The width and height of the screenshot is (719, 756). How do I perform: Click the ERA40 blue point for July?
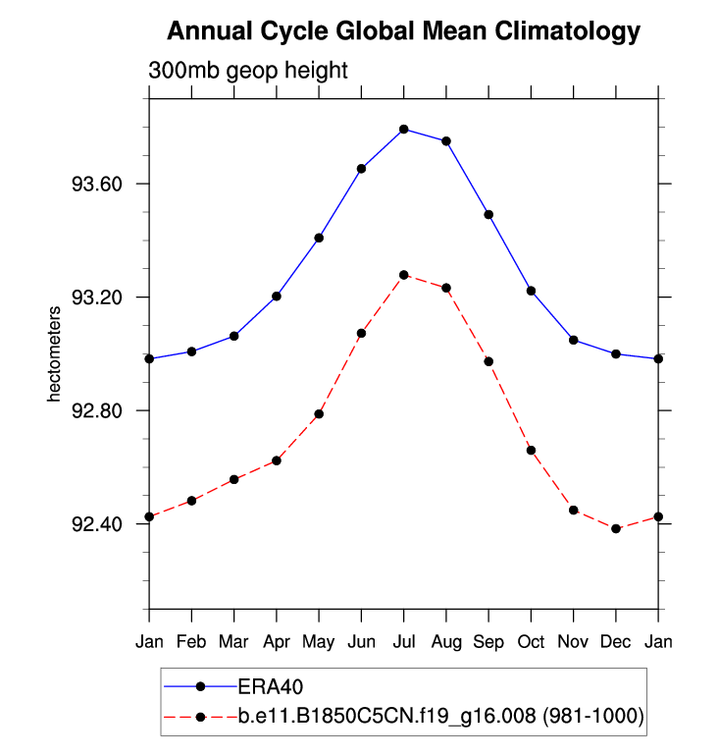(x=404, y=129)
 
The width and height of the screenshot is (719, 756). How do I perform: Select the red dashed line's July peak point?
(x=404, y=274)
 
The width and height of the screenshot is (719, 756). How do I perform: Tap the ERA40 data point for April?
(x=277, y=296)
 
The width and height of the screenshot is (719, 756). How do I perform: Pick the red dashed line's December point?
(x=616, y=528)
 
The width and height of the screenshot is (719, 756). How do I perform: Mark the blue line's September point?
(x=488, y=214)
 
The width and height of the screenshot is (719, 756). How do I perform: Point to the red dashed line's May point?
(x=319, y=413)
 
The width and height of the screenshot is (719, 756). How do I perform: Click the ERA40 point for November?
(x=574, y=340)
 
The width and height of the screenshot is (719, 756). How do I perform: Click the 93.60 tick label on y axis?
(x=97, y=184)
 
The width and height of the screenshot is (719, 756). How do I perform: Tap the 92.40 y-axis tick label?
(x=97, y=523)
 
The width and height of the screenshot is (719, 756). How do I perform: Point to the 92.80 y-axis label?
(x=97, y=410)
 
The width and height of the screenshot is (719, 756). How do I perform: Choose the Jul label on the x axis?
(x=404, y=642)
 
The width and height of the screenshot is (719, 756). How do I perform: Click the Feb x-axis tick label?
(x=191, y=642)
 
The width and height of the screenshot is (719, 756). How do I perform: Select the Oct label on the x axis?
(x=532, y=642)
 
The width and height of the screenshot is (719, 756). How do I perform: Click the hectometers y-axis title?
(x=56, y=353)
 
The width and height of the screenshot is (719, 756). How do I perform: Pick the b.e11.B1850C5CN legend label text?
(x=440, y=717)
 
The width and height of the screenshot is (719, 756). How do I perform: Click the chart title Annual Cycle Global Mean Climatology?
(x=403, y=31)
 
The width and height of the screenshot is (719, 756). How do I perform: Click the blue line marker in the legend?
(x=201, y=686)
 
